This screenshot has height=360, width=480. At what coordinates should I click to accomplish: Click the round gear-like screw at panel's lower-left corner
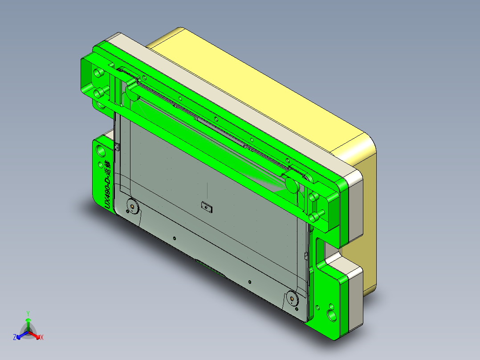[x=132, y=206]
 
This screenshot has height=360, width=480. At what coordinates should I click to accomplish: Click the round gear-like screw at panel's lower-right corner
[x=292, y=297]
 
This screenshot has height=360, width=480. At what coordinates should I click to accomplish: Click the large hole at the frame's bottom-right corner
[x=333, y=315]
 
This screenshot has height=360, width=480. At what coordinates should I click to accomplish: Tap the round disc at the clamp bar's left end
[x=132, y=91]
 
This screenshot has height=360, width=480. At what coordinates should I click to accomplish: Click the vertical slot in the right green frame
[x=319, y=254]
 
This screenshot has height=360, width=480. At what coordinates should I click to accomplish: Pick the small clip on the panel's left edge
[x=117, y=148]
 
